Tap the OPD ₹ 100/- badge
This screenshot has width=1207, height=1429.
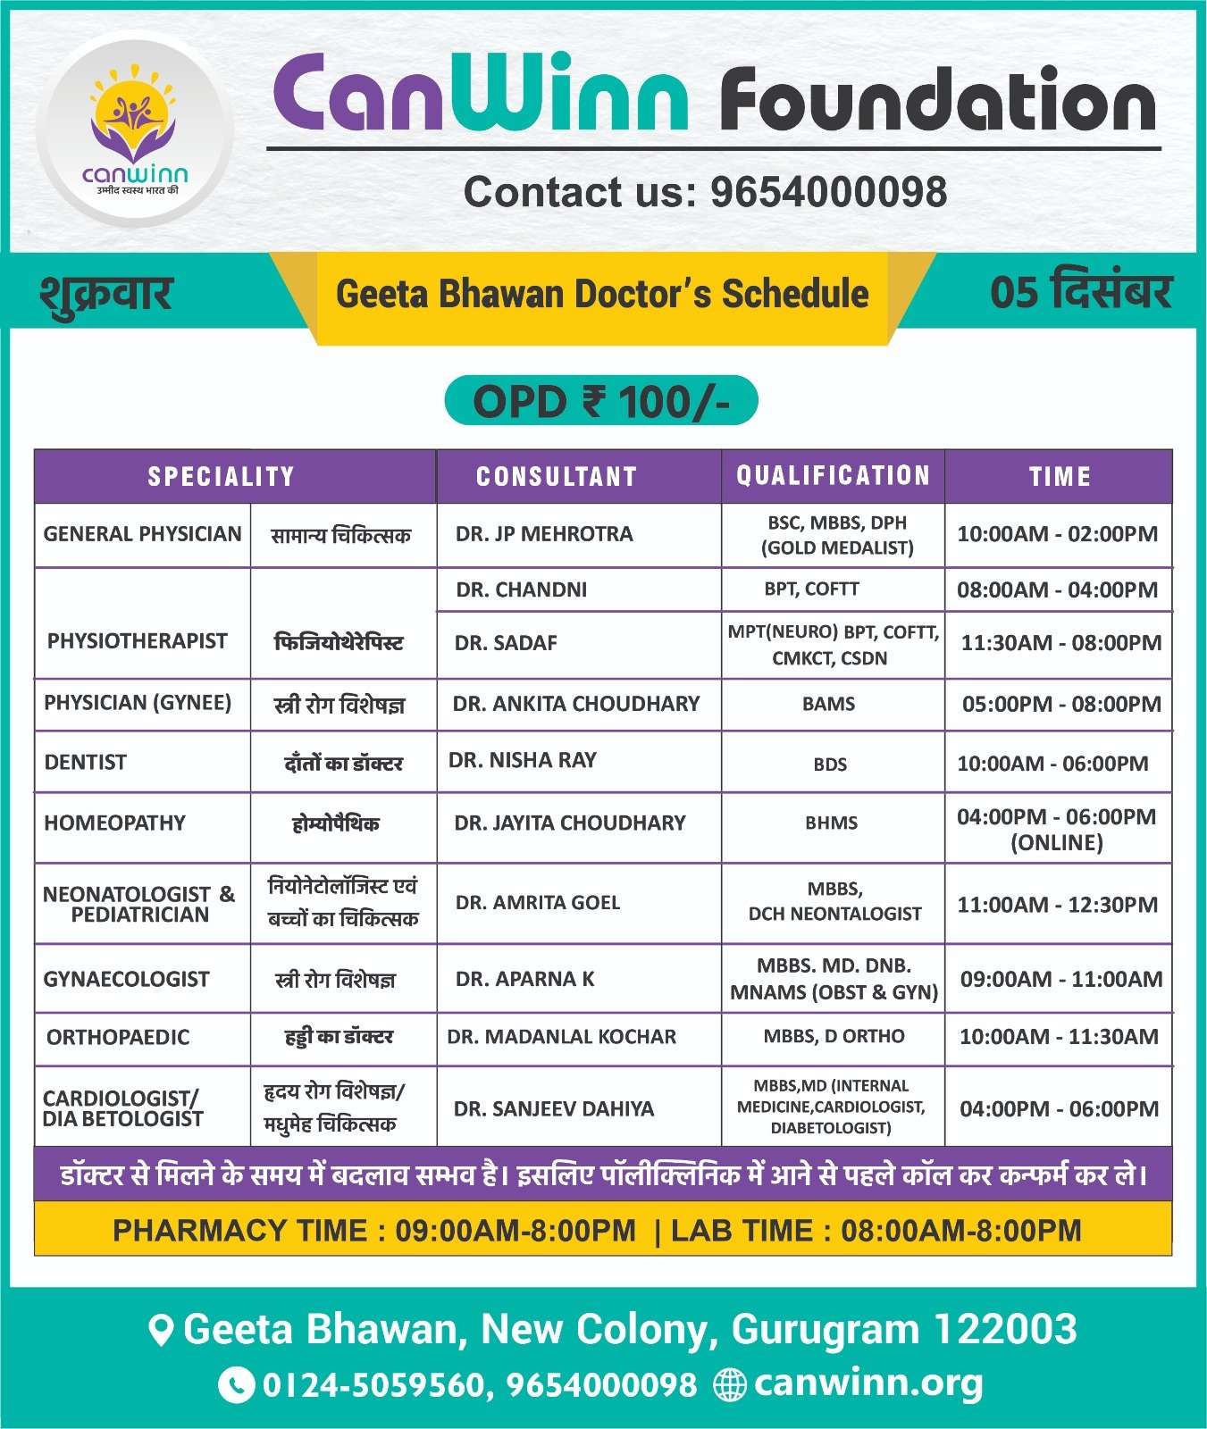click(601, 401)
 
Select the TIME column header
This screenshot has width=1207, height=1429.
click(1059, 477)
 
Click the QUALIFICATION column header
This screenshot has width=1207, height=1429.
click(833, 476)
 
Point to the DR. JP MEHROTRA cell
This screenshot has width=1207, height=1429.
click(544, 534)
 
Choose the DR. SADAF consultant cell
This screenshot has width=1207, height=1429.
click(506, 643)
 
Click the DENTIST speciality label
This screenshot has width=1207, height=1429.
click(86, 763)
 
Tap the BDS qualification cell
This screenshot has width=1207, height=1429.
click(830, 765)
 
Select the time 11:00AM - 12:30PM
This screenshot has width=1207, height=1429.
click(1057, 905)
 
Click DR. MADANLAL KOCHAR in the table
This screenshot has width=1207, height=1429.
click(562, 1037)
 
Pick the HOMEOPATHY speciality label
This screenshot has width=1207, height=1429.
click(114, 823)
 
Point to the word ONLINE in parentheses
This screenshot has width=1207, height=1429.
click(1056, 843)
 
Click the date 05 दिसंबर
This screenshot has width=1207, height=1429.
click(1080, 292)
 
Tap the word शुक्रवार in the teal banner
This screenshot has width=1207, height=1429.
click(106, 294)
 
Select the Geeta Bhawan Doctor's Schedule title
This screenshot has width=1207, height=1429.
click(602, 294)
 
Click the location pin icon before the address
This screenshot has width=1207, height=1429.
click(161, 1330)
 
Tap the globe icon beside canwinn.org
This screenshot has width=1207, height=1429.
click(729, 1384)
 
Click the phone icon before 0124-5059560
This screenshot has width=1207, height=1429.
click(236, 1385)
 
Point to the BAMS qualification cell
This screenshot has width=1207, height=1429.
click(828, 705)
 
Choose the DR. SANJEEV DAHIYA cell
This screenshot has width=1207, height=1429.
click(554, 1109)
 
